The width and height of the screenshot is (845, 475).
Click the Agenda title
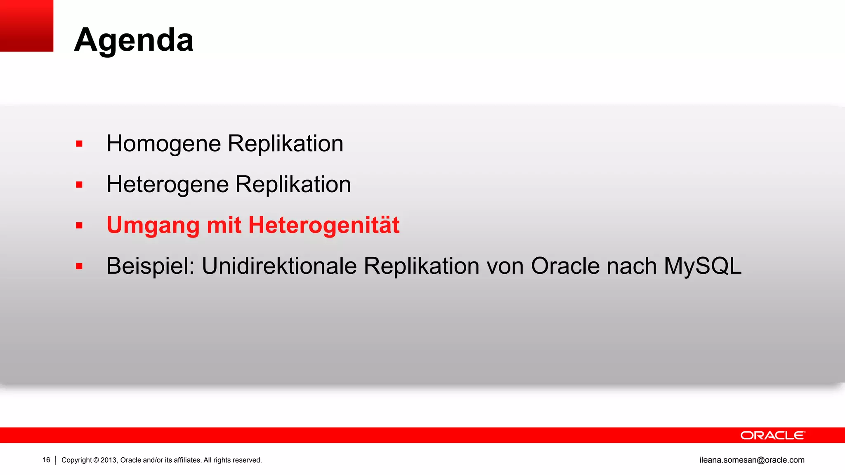click(x=134, y=40)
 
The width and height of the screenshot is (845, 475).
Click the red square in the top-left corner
click(x=26, y=26)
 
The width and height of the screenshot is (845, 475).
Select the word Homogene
click(x=164, y=144)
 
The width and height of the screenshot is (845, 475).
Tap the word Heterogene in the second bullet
click(x=168, y=184)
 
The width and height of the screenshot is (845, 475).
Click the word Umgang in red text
click(x=153, y=226)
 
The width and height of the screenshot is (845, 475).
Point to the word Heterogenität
click(x=324, y=225)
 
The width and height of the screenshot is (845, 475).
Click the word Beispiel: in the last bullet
click(x=150, y=266)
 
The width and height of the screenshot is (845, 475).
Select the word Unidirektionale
click(x=279, y=266)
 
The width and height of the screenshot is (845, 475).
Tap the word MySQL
click(x=702, y=266)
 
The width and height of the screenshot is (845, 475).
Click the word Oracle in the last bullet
click(x=565, y=266)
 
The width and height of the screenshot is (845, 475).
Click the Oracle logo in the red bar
click(x=772, y=435)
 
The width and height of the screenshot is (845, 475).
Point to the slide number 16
click(x=46, y=460)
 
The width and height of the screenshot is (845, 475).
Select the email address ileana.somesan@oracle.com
click(x=752, y=460)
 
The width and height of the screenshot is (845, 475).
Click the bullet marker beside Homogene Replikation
click(x=79, y=144)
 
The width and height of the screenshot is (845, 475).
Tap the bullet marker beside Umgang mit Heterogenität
click(x=79, y=226)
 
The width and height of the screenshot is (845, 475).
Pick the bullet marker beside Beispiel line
click(x=79, y=266)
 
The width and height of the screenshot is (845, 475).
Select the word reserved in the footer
click(x=249, y=460)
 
